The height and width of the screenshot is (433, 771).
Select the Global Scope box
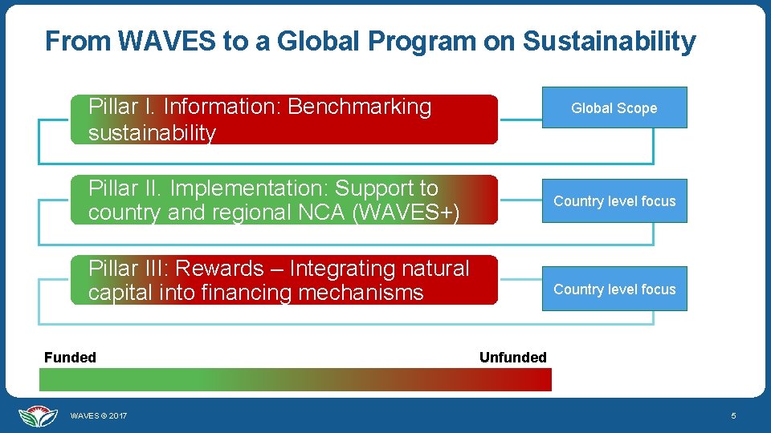(x=614, y=108)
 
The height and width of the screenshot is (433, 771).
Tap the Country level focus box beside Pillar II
(x=614, y=201)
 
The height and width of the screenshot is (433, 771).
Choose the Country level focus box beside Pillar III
(x=614, y=289)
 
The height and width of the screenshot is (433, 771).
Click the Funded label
(x=70, y=358)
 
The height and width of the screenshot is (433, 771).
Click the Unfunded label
(x=512, y=358)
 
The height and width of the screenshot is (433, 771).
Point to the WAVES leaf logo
(x=38, y=415)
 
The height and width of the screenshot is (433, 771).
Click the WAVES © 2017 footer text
(x=98, y=416)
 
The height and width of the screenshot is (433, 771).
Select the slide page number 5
(x=732, y=416)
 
